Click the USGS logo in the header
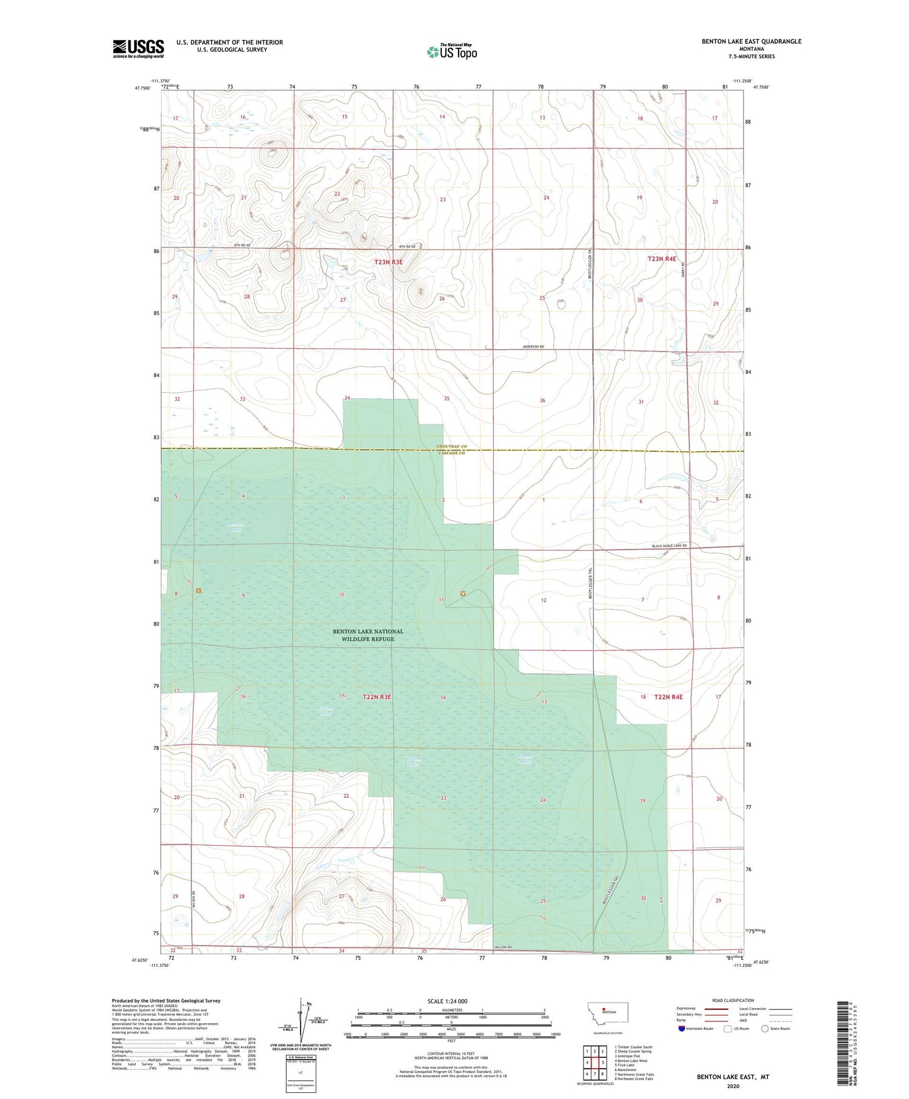click(138, 48)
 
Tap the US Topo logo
click(452, 52)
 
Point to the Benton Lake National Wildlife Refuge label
click(368, 635)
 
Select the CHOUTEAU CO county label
click(451, 446)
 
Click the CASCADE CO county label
click(451, 453)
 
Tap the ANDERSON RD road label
click(533, 346)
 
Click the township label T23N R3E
click(388, 262)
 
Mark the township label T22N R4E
click(668, 697)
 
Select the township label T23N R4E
click(662, 259)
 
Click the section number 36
click(542, 400)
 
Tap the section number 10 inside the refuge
click(342, 595)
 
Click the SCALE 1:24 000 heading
click(447, 1001)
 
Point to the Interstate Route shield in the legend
click(682, 1028)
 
